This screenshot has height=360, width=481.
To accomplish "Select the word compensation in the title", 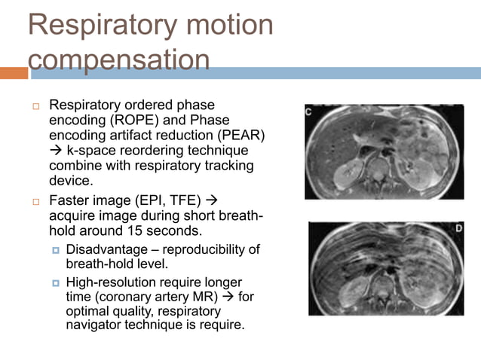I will coord(118,59).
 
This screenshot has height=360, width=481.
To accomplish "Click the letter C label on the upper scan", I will coord(310,112).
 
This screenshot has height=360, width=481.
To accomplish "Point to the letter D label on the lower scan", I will coord(457,228).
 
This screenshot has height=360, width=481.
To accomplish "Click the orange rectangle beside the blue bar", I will coord(14,73).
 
